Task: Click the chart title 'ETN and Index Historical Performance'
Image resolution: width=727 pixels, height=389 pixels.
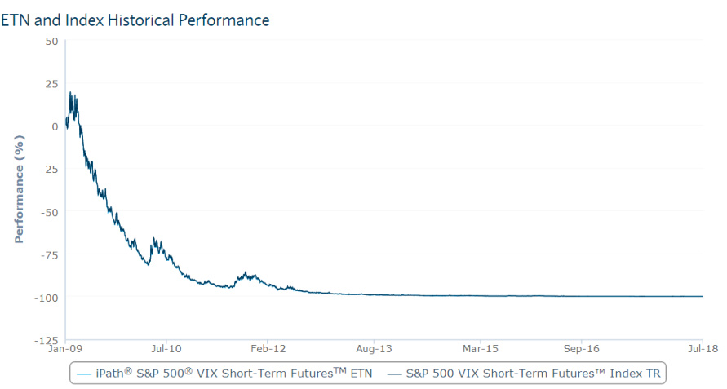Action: pyautogui.click(x=135, y=20)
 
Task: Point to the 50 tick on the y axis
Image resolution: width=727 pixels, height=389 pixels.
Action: pyautogui.click(x=52, y=41)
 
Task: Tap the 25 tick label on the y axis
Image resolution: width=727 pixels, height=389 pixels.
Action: pyautogui.click(x=52, y=83)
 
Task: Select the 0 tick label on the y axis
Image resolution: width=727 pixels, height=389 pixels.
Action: pyautogui.click(x=55, y=126)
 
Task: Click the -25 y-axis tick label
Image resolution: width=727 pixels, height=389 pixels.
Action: pyautogui.click(x=48, y=169)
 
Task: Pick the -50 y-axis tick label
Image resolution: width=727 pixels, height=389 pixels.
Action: pyautogui.click(x=48, y=211)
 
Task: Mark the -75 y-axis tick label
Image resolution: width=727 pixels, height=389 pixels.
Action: pyautogui.click(x=48, y=254)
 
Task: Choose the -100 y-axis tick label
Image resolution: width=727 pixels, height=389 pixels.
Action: pyautogui.click(x=46, y=297)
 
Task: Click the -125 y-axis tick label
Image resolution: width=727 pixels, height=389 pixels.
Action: pyautogui.click(x=46, y=339)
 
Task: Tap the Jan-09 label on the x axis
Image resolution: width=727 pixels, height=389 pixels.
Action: pyautogui.click(x=66, y=349)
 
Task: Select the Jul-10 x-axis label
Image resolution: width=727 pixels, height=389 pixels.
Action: pyautogui.click(x=166, y=349)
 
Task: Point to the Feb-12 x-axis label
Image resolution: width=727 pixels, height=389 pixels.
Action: pyautogui.click(x=268, y=349)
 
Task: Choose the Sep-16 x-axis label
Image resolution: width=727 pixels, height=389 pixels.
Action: pyautogui.click(x=582, y=349)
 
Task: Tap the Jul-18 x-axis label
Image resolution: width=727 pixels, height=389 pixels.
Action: pyautogui.click(x=703, y=349)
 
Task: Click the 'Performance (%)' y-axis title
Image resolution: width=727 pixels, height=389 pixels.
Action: pyautogui.click(x=19, y=190)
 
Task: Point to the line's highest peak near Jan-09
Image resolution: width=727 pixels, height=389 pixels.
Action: pyautogui.click(x=70, y=92)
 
